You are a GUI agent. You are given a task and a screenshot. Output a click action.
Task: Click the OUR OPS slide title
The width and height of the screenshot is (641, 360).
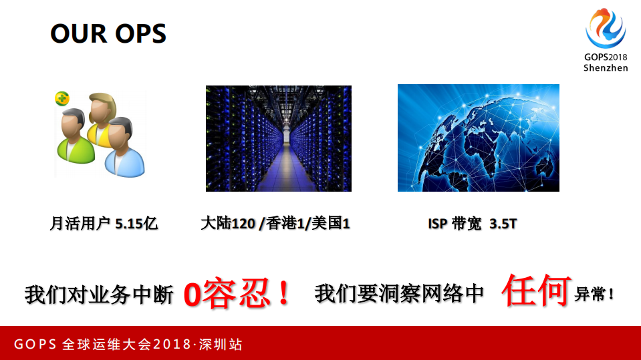click(x=108, y=34)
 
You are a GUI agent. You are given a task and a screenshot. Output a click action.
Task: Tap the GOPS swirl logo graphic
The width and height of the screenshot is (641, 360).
click(x=606, y=30)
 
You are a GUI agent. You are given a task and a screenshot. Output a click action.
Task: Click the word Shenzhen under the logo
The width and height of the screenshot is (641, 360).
click(x=606, y=67)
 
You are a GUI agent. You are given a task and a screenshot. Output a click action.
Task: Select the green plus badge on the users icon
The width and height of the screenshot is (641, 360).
click(x=62, y=99)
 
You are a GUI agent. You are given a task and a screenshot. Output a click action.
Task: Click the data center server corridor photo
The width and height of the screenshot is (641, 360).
click(x=278, y=138)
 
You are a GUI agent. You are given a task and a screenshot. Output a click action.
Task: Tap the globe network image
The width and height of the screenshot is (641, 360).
click(x=478, y=138)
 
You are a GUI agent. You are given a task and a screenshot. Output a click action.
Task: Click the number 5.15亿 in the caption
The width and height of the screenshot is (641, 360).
click(x=136, y=224)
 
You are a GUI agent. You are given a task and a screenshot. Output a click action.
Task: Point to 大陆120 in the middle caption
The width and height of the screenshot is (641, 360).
click(x=228, y=224)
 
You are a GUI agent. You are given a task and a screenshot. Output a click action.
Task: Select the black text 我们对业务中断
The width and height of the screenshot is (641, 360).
click(x=99, y=295)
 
